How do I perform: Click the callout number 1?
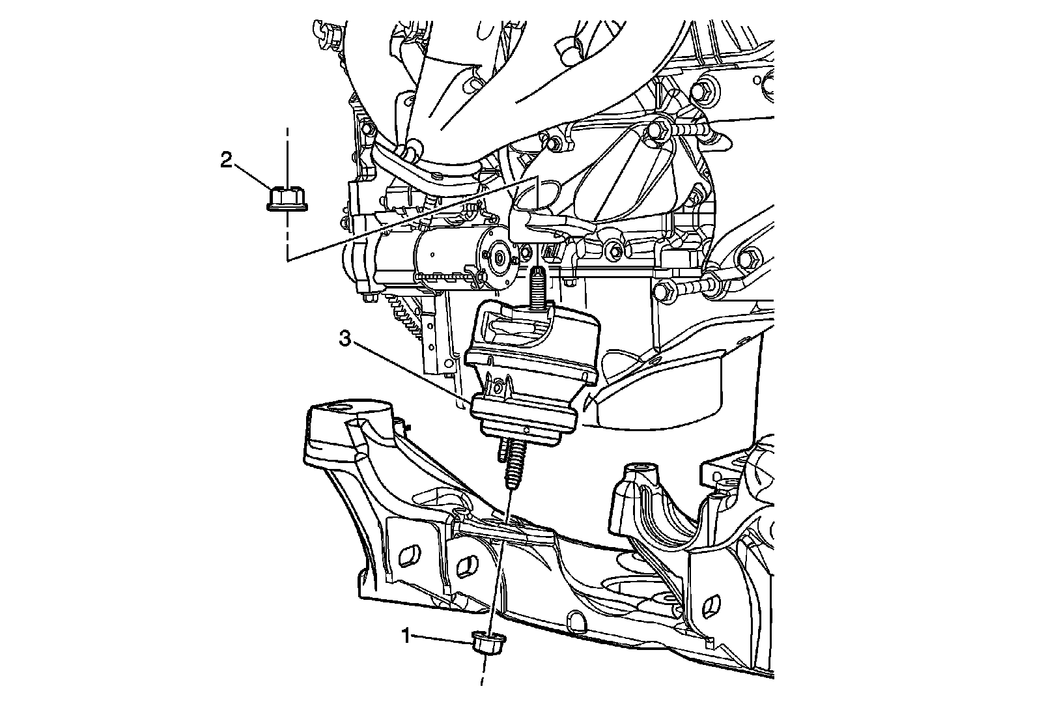pos(406,635)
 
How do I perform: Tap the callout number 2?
pos(226,160)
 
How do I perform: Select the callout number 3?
pos(345,339)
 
